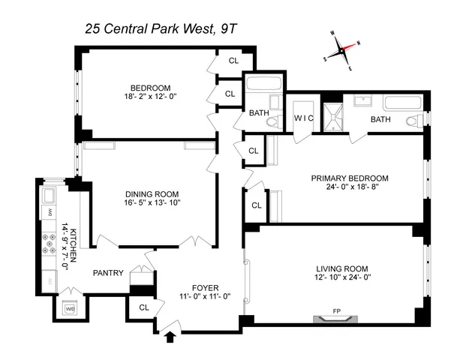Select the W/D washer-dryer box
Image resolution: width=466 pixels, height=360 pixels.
tap(71, 308)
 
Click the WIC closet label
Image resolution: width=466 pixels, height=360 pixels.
tap(304, 118)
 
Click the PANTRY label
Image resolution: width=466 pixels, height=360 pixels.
tap(108, 273)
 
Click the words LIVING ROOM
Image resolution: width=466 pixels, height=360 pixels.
tap(335, 268)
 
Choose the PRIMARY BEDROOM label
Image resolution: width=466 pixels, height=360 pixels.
tap(350, 178)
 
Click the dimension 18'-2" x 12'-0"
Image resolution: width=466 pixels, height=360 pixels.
tap(153, 97)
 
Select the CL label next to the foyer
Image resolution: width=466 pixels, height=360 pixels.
tap(143, 307)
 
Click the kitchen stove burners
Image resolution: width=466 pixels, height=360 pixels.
tap(49, 243)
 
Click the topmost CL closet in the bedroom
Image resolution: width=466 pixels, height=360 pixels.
tap(233, 61)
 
